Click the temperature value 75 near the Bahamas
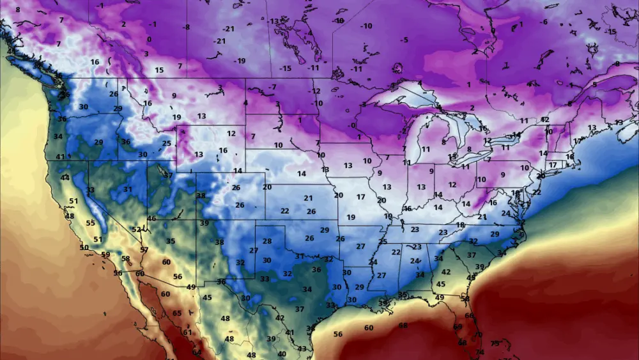pos(494,343)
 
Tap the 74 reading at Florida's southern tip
pos(480,352)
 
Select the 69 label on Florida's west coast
pos(458,327)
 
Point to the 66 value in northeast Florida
pos(470,315)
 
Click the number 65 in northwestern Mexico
pos(177,313)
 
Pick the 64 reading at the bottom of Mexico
pos(196,352)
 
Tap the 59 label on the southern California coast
pos(105,254)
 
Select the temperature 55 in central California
pos(90,223)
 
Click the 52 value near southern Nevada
pos(136,229)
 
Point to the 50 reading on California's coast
pos(84,247)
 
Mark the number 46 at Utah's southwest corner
pos(151,219)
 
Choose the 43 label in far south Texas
pos(302,348)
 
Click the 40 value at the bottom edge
pos(282,354)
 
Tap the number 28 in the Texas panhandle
pos(267,241)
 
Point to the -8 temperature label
pos(186,27)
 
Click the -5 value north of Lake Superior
pos(404,40)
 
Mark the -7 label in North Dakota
pos(272,87)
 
